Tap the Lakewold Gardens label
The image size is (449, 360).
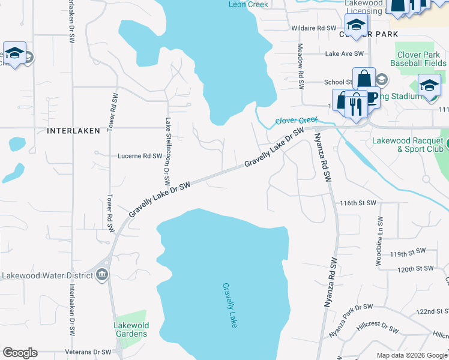pos(131,329)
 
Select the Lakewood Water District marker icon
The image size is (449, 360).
pos(102,275)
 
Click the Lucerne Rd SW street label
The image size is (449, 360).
pos(139,155)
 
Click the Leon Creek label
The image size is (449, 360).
pos(249,4)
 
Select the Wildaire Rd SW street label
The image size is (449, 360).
pos(313,28)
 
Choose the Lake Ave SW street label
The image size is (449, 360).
pos(345,53)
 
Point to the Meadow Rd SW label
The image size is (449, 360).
pos(301,67)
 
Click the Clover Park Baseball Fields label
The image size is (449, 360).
pos(418,58)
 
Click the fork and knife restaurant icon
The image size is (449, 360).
pos(357,107)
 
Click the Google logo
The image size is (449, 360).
pos(20,353)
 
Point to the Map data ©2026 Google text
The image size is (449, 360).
pos(411,355)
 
